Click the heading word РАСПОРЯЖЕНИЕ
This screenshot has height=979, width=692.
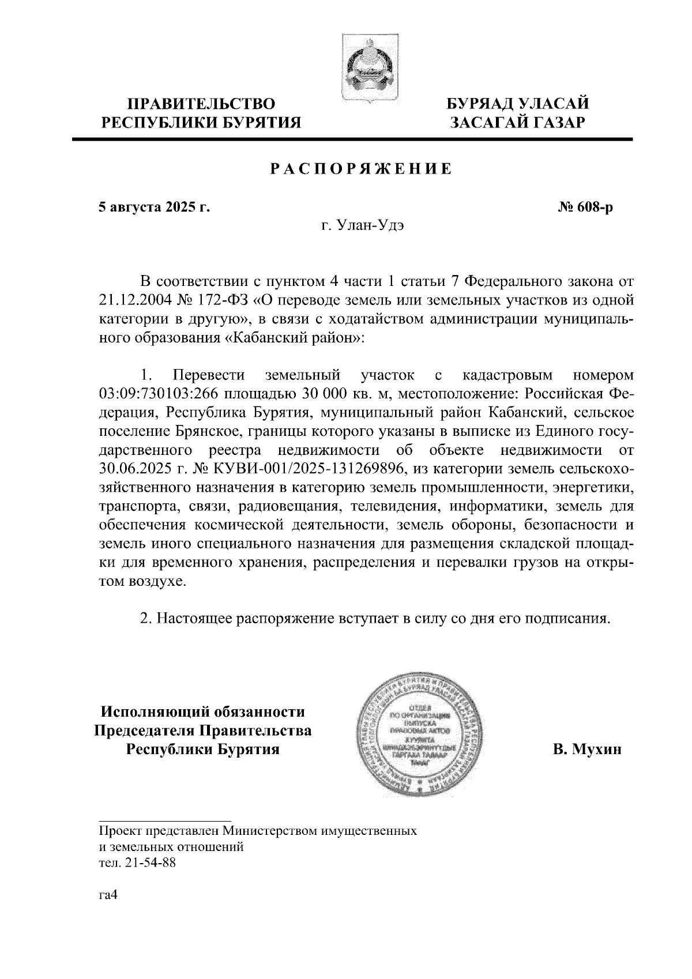(361, 169)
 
